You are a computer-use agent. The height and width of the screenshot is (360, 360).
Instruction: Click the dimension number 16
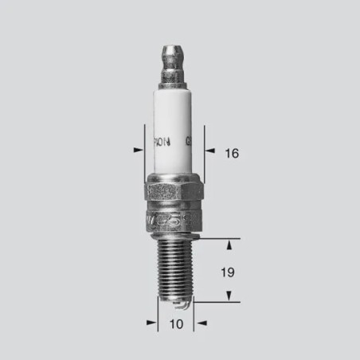tap(231, 152)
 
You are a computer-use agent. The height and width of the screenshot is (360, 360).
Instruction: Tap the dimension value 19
tap(227, 272)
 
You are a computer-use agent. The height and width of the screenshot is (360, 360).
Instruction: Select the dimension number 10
tap(176, 324)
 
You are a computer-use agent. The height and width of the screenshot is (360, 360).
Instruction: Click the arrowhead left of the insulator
tap(137, 148)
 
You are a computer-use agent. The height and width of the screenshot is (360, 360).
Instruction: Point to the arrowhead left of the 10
tap(151, 323)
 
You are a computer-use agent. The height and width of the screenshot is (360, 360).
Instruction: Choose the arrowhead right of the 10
tap(201, 323)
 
